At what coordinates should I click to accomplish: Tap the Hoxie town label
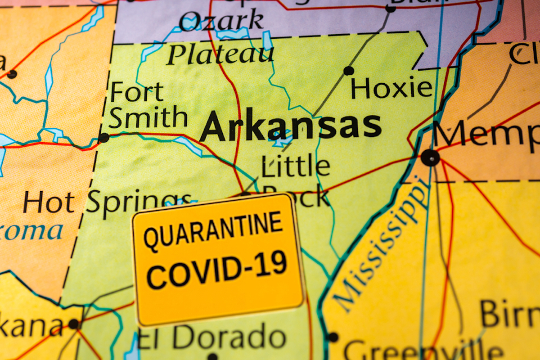[391, 88]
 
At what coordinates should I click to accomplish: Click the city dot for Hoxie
[348, 71]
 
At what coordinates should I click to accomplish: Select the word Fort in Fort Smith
[137, 92]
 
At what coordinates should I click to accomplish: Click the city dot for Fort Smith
[104, 137]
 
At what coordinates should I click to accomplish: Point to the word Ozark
[221, 21]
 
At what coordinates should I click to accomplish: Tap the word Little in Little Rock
[295, 166]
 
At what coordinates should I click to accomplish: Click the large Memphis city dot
[430, 157]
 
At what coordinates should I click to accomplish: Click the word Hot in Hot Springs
[49, 202]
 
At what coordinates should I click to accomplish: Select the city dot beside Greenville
[333, 337]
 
